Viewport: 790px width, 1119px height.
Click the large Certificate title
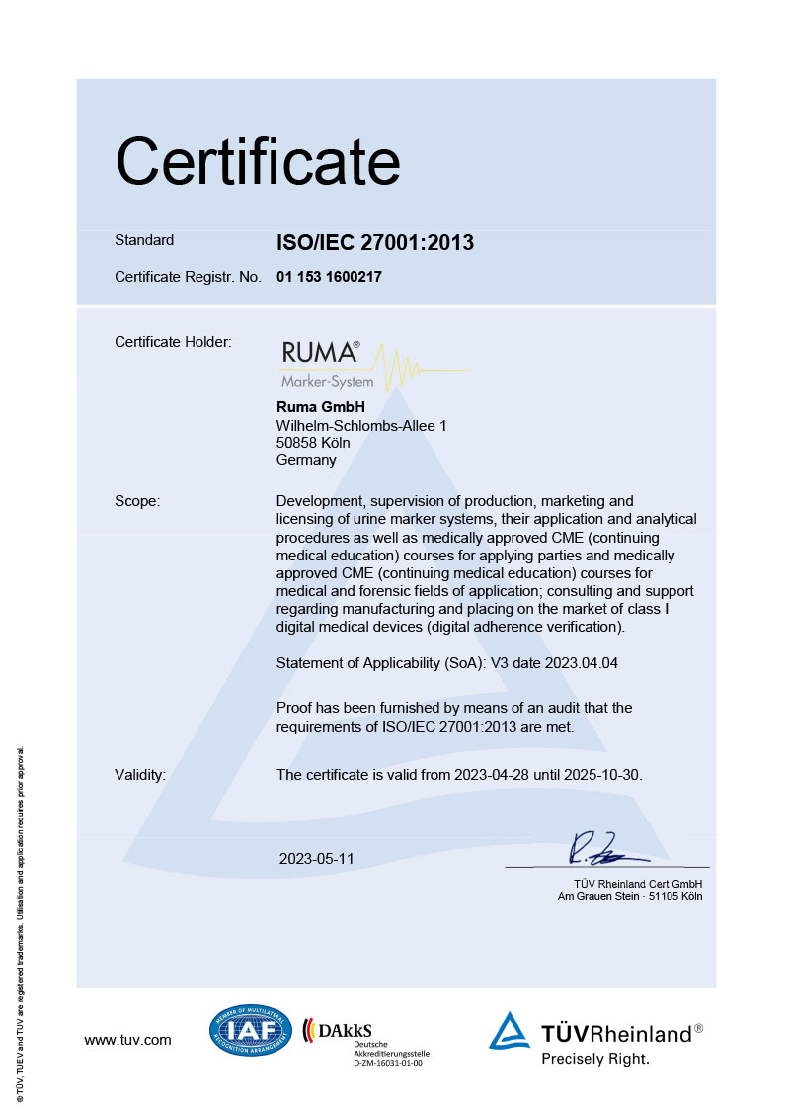point(258,162)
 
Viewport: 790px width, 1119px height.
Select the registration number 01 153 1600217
point(329,277)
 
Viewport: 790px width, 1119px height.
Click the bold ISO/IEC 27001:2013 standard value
point(375,242)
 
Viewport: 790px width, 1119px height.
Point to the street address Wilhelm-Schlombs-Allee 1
point(361,425)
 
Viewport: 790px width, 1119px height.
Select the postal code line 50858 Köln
point(313,442)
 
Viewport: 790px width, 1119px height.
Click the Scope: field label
point(137,501)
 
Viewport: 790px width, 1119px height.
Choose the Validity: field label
point(140,775)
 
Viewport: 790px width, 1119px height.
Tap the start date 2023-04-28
point(491,775)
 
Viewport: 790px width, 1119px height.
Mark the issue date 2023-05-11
point(316,859)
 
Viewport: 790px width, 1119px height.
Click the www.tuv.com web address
point(127,1040)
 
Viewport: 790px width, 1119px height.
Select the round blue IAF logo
point(251,1030)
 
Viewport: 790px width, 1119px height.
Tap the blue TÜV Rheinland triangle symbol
point(510,1031)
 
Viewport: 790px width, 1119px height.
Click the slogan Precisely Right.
point(594,1058)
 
